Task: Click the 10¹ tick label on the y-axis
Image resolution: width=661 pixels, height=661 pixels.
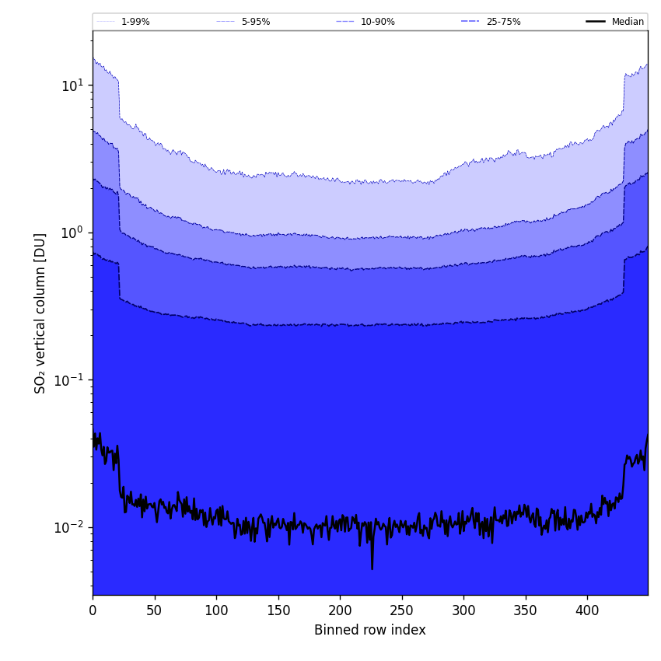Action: point(72,85)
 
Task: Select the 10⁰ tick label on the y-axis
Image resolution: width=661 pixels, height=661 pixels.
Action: point(72,232)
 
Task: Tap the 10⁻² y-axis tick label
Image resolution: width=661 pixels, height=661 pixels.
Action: point(69,526)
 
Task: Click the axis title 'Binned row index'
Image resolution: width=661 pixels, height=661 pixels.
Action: point(369,631)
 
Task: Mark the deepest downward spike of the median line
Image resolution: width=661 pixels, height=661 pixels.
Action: point(372,568)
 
